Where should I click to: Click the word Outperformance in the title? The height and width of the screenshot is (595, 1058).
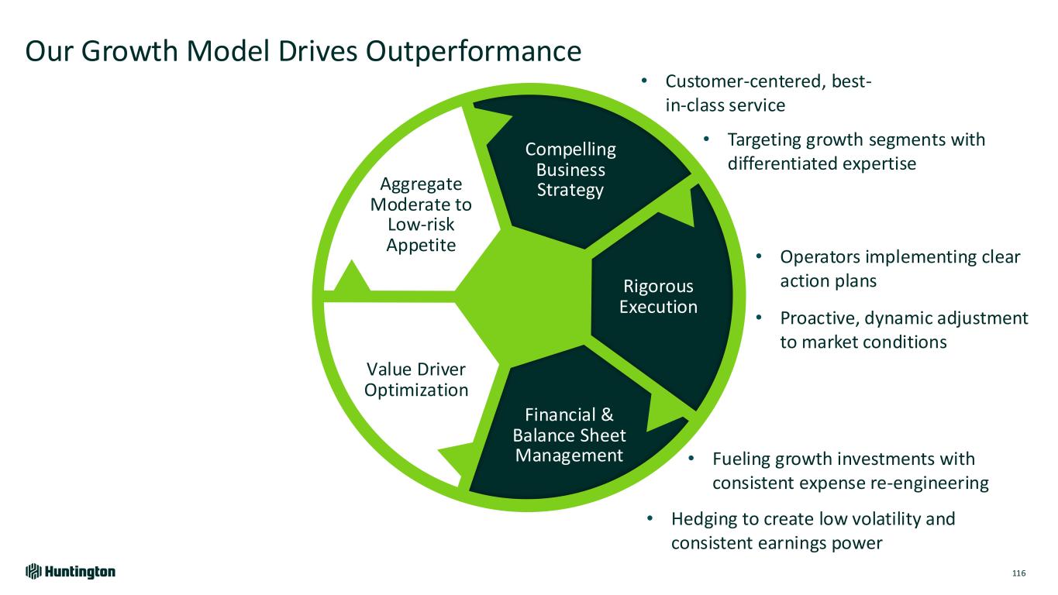(x=474, y=51)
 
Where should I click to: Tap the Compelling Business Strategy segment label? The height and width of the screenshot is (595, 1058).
(x=570, y=170)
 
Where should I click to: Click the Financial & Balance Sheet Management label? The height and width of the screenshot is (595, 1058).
(x=569, y=435)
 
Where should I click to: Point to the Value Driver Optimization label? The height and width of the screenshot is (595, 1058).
(x=416, y=379)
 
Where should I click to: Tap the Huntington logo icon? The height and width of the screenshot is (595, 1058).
(x=33, y=572)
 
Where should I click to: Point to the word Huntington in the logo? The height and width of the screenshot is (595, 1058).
(x=80, y=572)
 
